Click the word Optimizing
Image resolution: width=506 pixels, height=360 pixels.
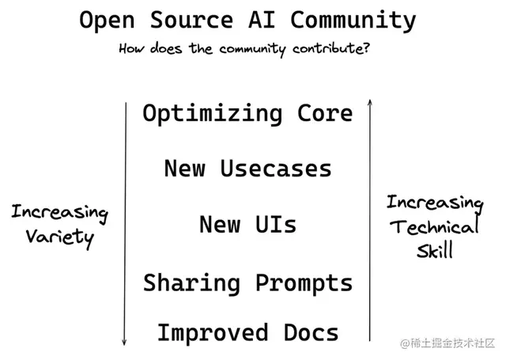tap(212, 114)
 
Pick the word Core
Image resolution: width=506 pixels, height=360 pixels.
tap(325, 114)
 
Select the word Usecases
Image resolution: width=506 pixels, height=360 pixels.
tap(276, 169)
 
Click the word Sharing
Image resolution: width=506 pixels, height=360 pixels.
tap(193, 282)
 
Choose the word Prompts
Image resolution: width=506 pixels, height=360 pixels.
tap(304, 282)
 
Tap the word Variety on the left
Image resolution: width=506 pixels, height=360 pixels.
tap(59, 237)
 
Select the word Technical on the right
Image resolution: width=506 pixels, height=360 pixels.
tap(434, 228)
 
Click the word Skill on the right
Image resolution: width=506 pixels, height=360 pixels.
tap(434, 252)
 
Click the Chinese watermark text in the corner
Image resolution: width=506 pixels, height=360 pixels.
tap(447, 343)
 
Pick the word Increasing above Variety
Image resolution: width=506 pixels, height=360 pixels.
tap(59, 213)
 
